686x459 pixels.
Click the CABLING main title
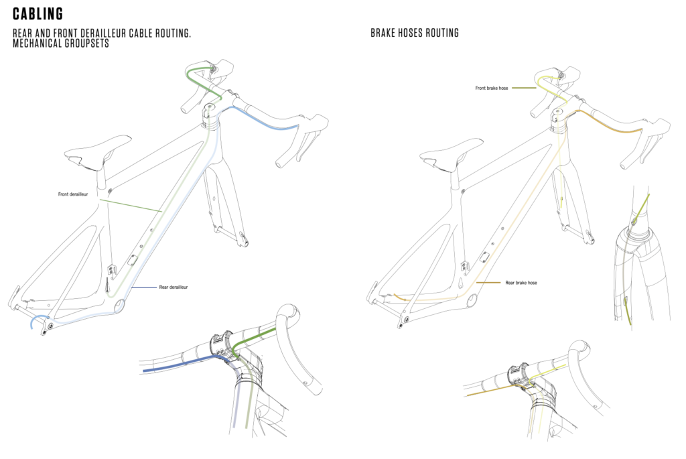(x=38, y=14)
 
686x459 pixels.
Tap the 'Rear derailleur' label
(x=173, y=287)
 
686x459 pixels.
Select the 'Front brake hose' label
(x=492, y=88)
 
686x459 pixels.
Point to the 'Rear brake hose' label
(x=521, y=283)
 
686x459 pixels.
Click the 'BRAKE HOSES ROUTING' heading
(x=415, y=33)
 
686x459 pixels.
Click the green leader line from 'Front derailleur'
(x=131, y=204)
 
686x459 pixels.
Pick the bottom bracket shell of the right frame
(x=470, y=301)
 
